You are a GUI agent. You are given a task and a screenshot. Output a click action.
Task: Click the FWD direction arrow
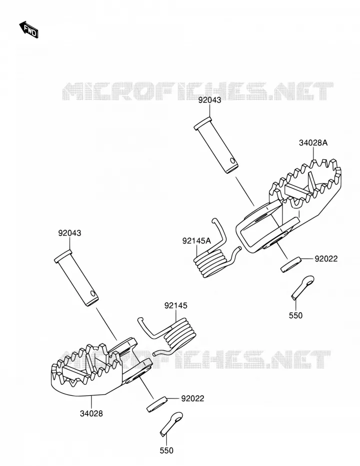point(29,30)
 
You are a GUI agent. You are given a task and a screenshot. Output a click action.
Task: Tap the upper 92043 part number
point(210,100)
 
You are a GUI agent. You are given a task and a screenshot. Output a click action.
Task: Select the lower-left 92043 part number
point(70,233)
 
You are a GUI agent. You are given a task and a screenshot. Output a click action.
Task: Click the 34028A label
point(313,143)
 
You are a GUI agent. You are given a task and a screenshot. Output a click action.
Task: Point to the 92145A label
point(197,241)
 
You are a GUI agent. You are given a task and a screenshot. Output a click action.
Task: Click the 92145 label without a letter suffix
point(176,306)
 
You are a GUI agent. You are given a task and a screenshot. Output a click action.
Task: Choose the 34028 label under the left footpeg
point(91,413)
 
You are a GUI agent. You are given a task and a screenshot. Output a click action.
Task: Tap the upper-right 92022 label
point(326,259)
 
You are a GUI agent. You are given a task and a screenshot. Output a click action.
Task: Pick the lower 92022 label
point(193,398)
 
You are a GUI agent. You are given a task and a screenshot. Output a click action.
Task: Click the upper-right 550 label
point(295,315)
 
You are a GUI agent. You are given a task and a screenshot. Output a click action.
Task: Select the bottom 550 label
point(166,450)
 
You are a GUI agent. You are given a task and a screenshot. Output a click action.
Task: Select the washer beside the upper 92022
point(291,265)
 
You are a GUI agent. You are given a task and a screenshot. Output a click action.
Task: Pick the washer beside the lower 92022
point(157,404)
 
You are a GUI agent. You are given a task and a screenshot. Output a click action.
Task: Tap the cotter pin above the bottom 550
point(171,424)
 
